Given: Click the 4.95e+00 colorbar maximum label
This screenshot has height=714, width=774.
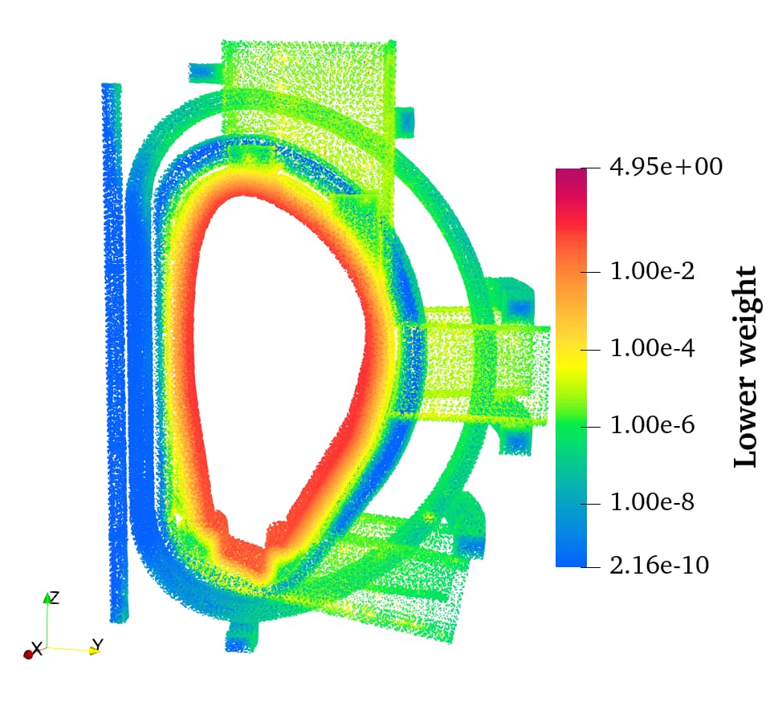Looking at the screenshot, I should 666,167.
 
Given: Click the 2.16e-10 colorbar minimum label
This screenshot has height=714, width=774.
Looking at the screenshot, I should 659,566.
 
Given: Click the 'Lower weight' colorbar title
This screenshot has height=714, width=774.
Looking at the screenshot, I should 746,367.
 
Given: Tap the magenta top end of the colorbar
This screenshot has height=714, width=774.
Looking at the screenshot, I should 571,174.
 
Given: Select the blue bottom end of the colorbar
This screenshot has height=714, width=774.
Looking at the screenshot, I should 571,560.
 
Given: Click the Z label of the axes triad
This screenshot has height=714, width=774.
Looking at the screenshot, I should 54,598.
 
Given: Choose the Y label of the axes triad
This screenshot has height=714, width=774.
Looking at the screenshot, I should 97,644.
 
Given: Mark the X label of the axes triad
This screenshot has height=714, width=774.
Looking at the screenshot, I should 36,648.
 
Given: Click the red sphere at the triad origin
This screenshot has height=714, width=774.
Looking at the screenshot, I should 28,655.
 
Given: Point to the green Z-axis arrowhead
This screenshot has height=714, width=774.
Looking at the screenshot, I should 47,598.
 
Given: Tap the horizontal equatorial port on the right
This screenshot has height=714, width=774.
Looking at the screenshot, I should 482,365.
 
